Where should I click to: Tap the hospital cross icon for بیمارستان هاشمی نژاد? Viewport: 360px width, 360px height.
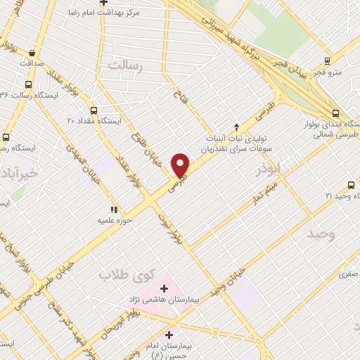coord(165,288)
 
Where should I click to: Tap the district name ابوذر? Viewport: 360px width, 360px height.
coord(269,169)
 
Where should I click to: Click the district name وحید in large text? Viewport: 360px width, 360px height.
coord(324,234)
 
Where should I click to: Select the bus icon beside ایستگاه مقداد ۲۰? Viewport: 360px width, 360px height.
coord(94,110)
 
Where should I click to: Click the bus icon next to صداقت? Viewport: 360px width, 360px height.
coord(32,52)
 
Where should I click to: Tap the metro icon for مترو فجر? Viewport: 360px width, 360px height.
coord(327,62)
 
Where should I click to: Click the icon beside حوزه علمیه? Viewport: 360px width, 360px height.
coord(112,209)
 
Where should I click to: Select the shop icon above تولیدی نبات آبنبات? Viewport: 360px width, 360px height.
coord(236,126)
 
